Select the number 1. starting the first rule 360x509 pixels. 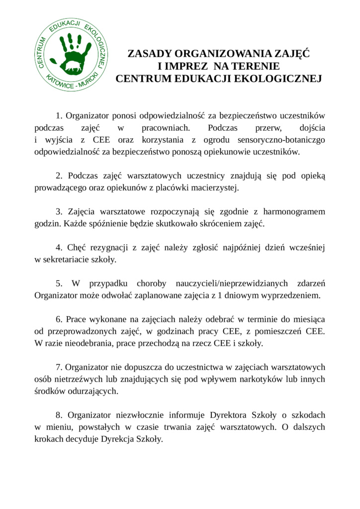[x=59, y=116]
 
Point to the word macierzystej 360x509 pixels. [x=216, y=188]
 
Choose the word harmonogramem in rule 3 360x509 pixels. [x=294, y=212]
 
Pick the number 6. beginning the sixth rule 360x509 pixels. [x=59, y=319]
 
